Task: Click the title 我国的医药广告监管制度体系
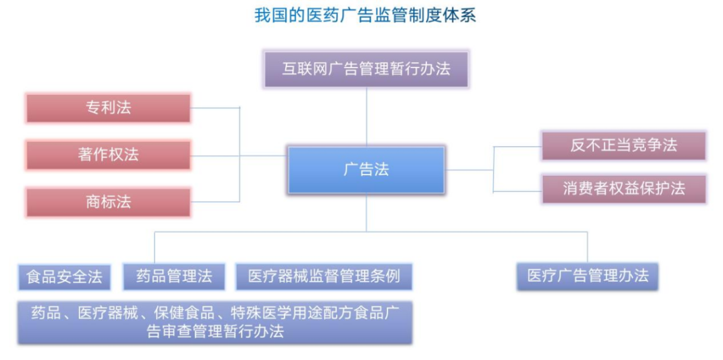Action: (365, 16)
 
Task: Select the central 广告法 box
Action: (367, 170)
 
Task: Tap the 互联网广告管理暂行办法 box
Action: (367, 70)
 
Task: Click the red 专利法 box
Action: (108, 108)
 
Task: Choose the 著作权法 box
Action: (108, 155)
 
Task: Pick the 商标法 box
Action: (108, 202)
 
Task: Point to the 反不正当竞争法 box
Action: (624, 146)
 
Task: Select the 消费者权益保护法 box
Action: (624, 189)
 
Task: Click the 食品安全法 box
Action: (64, 277)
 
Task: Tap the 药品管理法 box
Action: (174, 276)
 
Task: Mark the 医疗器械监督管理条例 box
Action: (324, 276)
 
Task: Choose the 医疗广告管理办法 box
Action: (588, 276)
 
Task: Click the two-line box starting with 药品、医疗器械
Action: (215, 323)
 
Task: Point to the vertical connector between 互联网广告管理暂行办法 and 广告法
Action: (367, 117)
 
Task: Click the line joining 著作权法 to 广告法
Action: (239, 155)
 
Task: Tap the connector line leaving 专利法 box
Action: (215, 108)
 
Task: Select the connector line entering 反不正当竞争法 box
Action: (517, 147)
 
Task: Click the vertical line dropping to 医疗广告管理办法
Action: (588, 248)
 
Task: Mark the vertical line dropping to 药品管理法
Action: (155, 248)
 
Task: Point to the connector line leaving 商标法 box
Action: (215, 201)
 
